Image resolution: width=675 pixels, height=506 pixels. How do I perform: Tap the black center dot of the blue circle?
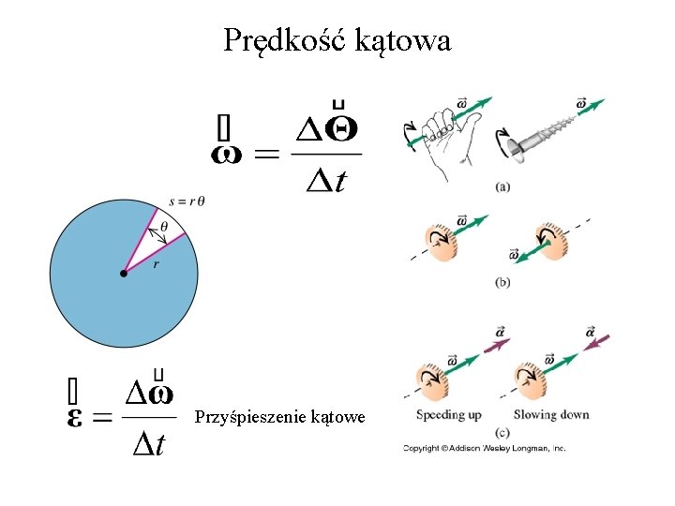[x=124, y=274]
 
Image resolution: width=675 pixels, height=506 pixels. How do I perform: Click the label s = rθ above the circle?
[x=187, y=201]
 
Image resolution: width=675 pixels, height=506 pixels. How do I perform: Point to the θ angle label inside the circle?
[x=164, y=226]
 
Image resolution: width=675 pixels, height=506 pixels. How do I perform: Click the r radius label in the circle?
[x=157, y=264]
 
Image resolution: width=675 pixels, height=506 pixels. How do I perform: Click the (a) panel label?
[x=502, y=186]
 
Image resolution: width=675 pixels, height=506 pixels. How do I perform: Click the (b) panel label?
[x=502, y=282]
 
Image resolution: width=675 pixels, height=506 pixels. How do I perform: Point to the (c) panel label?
[x=502, y=432]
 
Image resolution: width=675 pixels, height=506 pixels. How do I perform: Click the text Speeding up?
[x=449, y=414]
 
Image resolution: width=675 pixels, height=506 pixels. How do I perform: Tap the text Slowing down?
[x=551, y=414]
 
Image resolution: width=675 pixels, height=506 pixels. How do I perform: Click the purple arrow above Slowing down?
[x=596, y=343]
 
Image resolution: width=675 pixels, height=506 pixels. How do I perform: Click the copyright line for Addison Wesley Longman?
[x=485, y=449]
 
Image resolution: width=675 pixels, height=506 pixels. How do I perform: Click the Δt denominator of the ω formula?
[x=326, y=180]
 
